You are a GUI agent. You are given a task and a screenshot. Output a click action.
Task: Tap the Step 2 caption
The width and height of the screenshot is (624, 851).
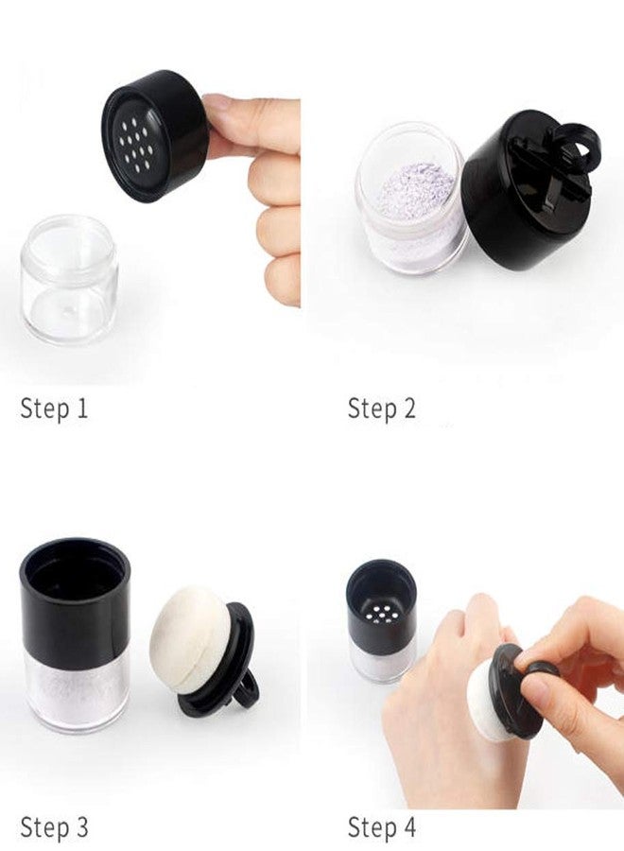click(381, 408)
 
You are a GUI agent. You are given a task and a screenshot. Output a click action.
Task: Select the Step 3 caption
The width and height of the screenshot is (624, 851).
click(54, 827)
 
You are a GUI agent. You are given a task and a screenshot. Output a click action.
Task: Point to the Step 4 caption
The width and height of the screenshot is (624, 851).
click(381, 827)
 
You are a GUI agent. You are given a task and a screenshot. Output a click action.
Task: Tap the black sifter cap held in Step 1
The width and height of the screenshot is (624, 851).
click(155, 134)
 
